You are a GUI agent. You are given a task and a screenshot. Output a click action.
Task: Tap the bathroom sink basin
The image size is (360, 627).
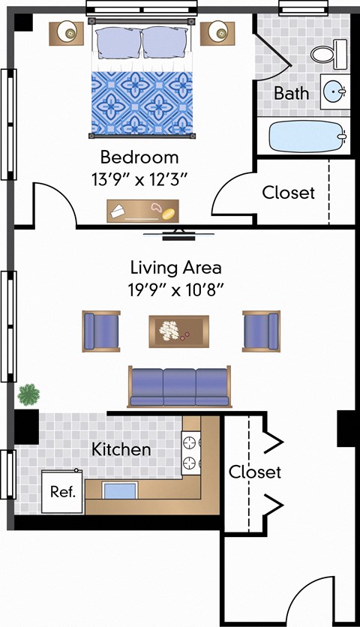coord(332,92)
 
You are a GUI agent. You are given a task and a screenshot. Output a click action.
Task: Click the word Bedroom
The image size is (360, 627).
coord(139,157)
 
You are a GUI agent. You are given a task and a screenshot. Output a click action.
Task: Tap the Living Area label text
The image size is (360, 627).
coord(176,267)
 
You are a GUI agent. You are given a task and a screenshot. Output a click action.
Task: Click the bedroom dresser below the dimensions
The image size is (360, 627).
coord(142,211)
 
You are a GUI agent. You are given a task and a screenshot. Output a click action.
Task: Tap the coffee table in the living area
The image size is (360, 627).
coord(178,331)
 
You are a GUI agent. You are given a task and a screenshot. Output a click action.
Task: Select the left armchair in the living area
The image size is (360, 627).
coord(101,331)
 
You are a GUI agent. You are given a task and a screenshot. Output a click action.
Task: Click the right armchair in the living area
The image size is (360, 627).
coord(261,331)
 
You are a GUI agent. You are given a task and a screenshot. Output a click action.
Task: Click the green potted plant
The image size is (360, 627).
coord(29,394)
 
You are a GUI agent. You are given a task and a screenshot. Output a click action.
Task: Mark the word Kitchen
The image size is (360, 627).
coord(121,450)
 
